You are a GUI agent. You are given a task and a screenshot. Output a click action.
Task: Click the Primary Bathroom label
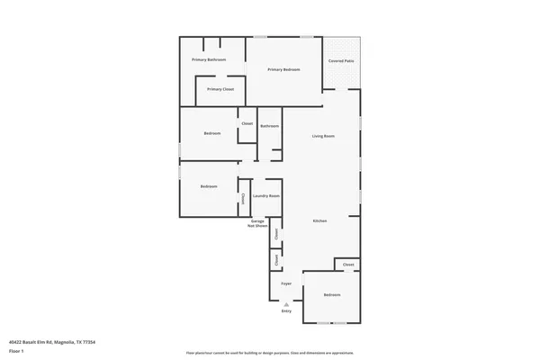click(x=208, y=59)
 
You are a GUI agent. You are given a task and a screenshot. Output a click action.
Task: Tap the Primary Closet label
click(x=220, y=89)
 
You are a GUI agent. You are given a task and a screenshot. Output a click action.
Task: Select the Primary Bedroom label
click(x=283, y=69)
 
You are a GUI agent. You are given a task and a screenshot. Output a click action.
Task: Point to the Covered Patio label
click(x=341, y=61)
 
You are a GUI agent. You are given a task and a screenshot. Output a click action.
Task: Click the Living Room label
click(x=323, y=136)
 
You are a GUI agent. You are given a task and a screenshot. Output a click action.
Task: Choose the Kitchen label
click(x=319, y=220)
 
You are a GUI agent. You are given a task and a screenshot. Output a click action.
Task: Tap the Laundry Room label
click(x=266, y=195)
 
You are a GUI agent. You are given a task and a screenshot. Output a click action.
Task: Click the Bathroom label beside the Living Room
click(x=270, y=126)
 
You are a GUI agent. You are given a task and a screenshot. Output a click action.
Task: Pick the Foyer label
click(x=286, y=283)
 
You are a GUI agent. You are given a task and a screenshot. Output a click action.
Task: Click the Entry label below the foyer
click(x=286, y=310)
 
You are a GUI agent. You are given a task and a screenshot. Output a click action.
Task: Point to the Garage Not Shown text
click(x=257, y=223)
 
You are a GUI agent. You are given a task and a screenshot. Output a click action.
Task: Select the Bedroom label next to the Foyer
click(x=332, y=294)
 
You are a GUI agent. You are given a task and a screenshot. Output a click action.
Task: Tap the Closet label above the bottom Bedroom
click(x=348, y=265)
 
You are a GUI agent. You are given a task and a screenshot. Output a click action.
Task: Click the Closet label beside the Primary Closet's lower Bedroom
click(x=247, y=123)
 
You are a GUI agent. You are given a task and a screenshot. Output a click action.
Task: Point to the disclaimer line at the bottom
click(x=270, y=352)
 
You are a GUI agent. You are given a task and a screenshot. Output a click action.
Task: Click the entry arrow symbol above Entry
click(x=286, y=303)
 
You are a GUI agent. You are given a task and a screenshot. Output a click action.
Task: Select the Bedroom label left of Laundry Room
click(x=209, y=186)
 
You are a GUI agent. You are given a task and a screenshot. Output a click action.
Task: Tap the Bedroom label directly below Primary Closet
click(x=211, y=133)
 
